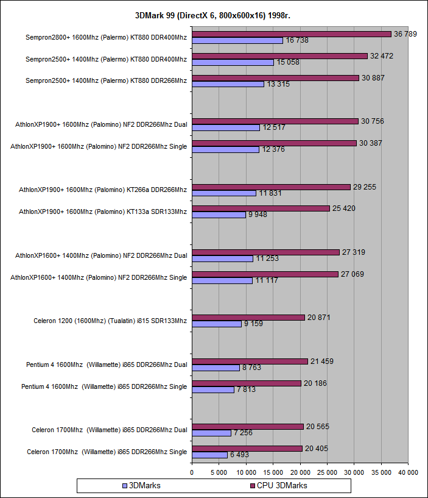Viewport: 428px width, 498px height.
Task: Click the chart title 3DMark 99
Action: (x=213, y=15)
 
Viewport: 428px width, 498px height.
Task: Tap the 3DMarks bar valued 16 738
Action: (x=237, y=40)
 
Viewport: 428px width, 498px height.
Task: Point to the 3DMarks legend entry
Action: (x=142, y=486)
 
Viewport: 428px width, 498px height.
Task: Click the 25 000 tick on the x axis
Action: (x=327, y=472)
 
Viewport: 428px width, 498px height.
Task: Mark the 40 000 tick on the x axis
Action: (x=408, y=472)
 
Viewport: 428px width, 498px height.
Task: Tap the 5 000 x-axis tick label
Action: (x=219, y=472)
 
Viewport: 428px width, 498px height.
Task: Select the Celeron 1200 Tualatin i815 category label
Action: (x=110, y=321)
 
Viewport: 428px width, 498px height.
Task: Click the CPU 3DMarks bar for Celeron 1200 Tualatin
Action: (x=248, y=318)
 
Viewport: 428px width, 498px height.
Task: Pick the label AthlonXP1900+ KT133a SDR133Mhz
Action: (x=103, y=212)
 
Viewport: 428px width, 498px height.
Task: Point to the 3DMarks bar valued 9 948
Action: (x=219, y=215)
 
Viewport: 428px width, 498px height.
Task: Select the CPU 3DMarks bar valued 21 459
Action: (x=250, y=361)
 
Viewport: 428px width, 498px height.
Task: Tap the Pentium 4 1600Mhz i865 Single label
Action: (x=104, y=386)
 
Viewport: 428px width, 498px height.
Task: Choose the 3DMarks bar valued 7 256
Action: (x=211, y=433)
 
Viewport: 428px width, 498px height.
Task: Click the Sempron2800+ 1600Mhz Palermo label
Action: (x=106, y=37)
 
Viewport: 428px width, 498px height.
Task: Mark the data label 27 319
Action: (x=354, y=252)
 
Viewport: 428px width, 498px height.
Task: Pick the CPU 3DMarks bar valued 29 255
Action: (x=271, y=187)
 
